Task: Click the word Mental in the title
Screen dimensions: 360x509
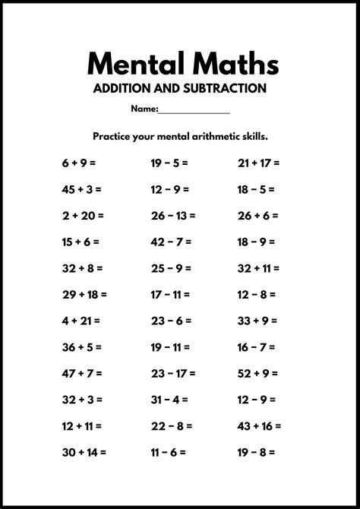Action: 131,63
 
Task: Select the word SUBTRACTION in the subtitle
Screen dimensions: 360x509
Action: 224,89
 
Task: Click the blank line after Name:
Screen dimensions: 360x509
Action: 194,110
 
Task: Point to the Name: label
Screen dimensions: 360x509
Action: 144,109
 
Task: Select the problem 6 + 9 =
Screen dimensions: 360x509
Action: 79,163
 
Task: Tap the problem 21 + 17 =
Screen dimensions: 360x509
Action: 258,163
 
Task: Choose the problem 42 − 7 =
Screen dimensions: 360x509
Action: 169,242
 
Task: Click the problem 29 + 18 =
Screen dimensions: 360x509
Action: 84,294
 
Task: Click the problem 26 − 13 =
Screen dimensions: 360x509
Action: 172,215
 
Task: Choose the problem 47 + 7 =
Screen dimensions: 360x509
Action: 82,373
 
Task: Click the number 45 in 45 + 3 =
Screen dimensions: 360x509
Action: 69,189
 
